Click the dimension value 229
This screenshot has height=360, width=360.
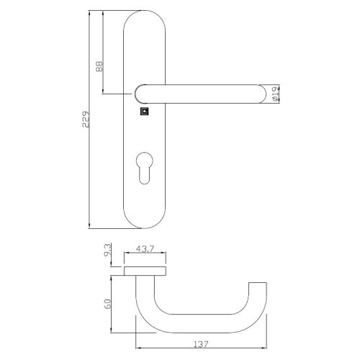pyautogui.click(x=86, y=119)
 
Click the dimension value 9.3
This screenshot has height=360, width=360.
pyautogui.click(x=107, y=253)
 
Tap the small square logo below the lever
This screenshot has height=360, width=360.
pyautogui.click(x=144, y=112)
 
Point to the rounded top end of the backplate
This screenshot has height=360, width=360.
pyautogui.click(x=146, y=20)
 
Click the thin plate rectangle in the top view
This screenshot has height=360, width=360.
pyautogui.click(x=146, y=270)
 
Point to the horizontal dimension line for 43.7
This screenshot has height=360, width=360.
pyautogui.click(x=146, y=254)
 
